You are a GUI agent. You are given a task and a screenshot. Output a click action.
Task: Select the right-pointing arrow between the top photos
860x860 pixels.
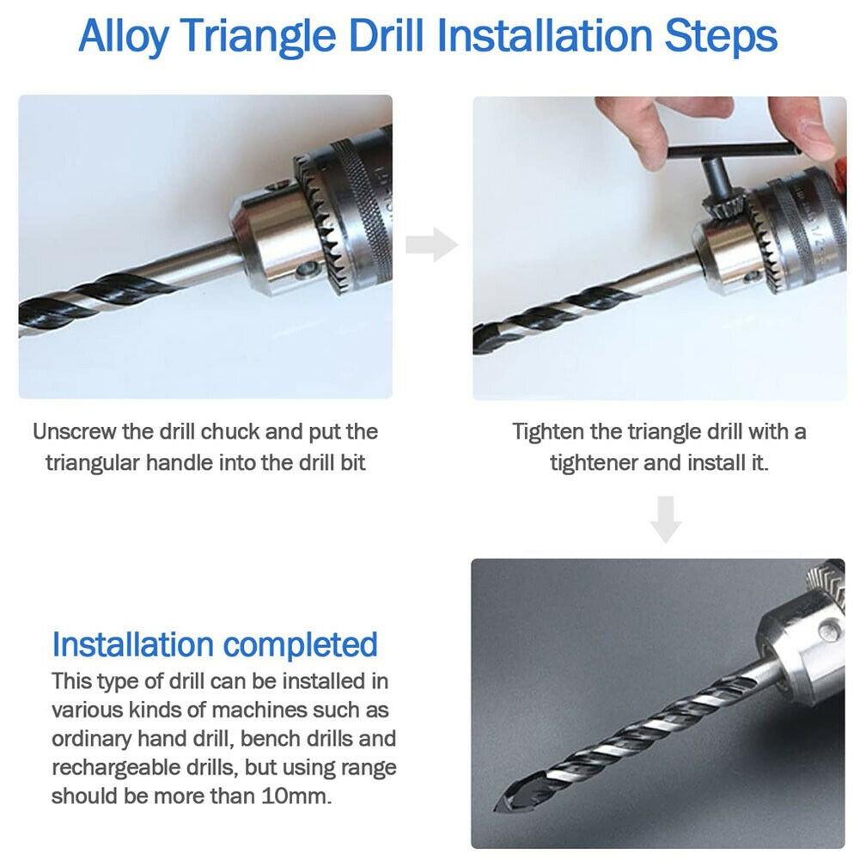tap(431, 245)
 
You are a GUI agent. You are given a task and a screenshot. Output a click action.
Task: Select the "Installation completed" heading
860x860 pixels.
tap(215, 643)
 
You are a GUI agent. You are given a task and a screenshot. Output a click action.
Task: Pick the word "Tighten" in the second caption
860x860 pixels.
tap(546, 431)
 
